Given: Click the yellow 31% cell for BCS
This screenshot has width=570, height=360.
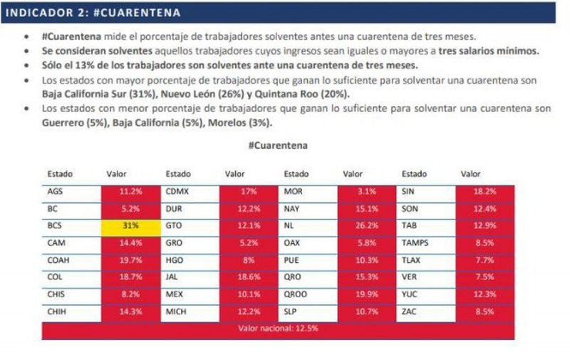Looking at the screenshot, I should (x=130, y=225).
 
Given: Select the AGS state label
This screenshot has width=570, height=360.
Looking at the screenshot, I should (x=55, y=192).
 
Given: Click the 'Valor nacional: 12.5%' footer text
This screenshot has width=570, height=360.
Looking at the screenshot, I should (x=278, y=329).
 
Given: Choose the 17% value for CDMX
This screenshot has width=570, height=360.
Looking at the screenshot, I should (x=249, y=192).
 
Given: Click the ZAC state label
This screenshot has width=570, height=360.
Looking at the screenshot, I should (x=410, y=312).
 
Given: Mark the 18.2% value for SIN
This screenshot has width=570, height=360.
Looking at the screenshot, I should (x=485, y=192).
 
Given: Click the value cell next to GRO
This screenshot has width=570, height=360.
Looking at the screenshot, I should (x=249, y=243).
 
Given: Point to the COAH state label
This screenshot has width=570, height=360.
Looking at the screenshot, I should (x=58, y=260).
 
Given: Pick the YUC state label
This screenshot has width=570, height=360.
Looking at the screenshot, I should (x=410, y=294).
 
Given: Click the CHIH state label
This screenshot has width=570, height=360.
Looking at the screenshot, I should (x=57, y=312).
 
